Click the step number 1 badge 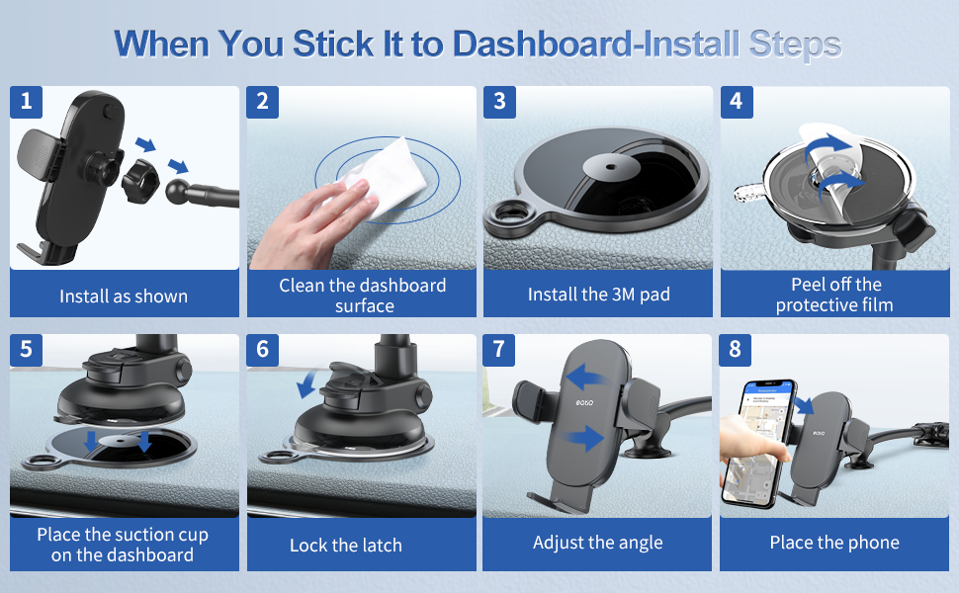27,102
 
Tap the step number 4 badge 737,102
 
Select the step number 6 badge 262,350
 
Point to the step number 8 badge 736,350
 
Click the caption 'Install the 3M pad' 599,295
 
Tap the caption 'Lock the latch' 346,546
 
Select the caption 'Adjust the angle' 597,543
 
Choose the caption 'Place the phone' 834,543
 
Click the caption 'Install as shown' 124,296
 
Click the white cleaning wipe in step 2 383,176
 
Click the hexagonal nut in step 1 140,180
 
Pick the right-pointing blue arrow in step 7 583,438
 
